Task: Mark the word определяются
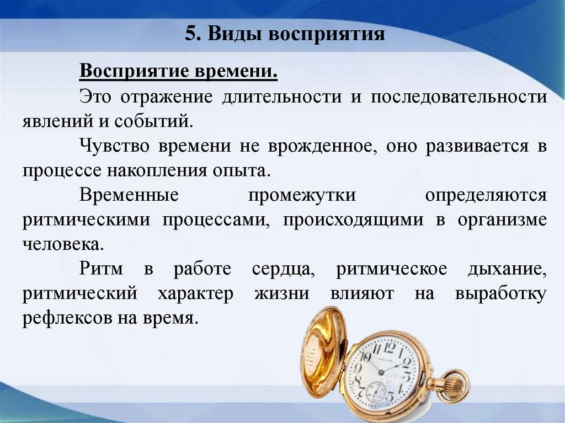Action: (486, 195)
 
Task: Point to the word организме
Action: (502, 219)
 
